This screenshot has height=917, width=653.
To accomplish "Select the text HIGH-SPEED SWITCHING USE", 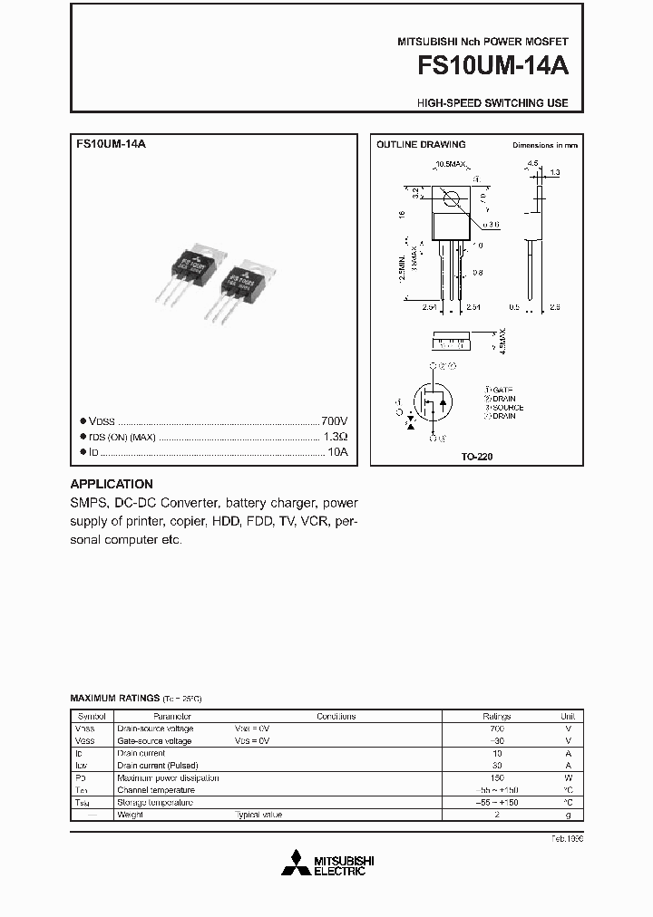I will [493, 103].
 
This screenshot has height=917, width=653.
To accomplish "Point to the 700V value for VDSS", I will [335, 422].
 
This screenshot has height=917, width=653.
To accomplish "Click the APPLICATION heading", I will [112, 484].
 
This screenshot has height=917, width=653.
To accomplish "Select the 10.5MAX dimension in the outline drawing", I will [450, 164].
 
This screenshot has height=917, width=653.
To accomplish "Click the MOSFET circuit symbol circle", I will [434, 403].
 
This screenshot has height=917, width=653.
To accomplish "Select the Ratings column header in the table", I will [496, 716].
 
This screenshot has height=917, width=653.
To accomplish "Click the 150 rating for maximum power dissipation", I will [496, 777].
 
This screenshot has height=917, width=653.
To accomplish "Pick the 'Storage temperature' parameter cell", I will [155, 803].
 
